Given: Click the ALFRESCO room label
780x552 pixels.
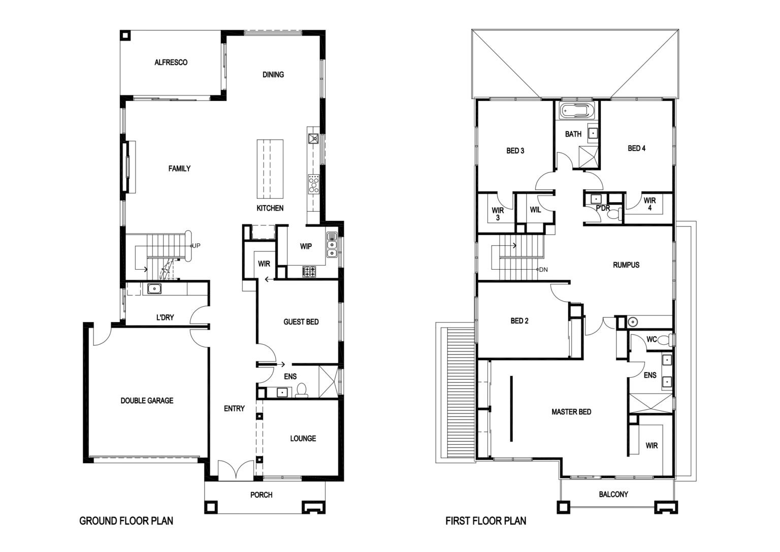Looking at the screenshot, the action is pos(171,62).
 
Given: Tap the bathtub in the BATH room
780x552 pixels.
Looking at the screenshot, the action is pos(577,111).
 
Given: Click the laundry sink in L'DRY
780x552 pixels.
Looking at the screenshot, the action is pos(154,289).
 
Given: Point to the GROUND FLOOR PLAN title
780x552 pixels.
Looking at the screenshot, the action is pos(126,521).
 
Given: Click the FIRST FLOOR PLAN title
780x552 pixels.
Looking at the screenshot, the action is pos(486,521).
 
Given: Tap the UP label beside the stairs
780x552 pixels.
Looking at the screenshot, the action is pos(197,245).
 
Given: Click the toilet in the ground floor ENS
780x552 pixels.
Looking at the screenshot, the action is pos(302,391).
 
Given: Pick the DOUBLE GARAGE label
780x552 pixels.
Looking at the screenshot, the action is pos(147,401).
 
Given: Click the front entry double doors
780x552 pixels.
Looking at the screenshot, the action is pos(236,470).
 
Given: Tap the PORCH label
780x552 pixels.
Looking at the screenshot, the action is pos(261,495).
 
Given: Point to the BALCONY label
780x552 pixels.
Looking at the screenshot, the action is pos(613,494).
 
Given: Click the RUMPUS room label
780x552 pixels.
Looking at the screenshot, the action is pos(626,265).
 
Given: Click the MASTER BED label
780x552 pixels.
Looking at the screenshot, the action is pos(571,412).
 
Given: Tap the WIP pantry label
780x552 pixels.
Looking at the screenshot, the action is pos(306,246).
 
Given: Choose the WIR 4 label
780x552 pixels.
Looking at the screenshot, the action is pos(650,204).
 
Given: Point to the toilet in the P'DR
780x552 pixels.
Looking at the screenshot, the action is pos(614,213).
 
